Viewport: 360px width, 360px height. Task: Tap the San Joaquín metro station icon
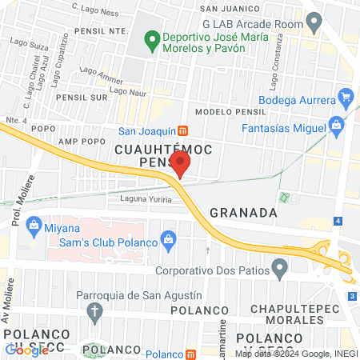[182, 130]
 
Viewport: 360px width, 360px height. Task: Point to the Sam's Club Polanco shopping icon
[168, 238]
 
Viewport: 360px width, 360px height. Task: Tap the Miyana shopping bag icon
[34, 223]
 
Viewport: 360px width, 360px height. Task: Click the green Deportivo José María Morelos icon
[151, 38]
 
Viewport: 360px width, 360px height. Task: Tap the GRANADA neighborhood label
[243, 213]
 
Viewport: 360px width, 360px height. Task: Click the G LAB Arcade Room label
[252, 24]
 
